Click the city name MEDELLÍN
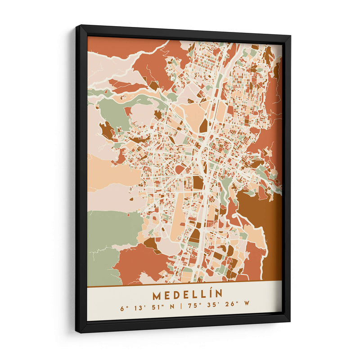187,295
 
